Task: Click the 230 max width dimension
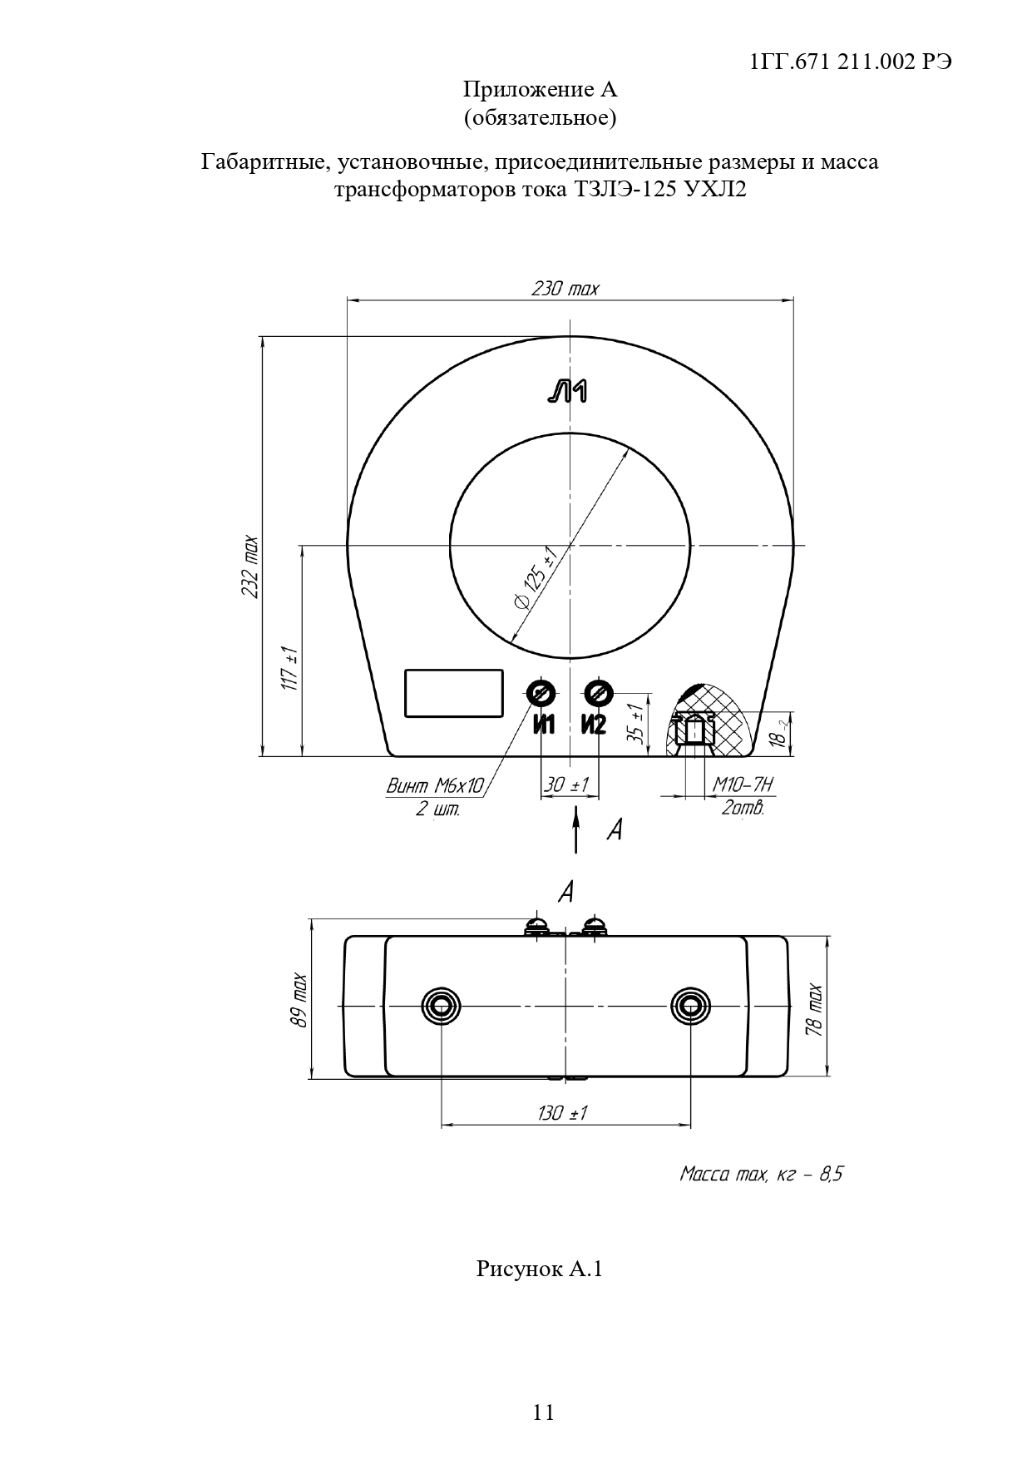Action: point(565,289)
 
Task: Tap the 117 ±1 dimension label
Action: point(289,667)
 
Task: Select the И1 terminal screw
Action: point(542,692)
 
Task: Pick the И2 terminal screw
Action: point(598,692)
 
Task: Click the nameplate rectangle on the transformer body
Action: point(454,693)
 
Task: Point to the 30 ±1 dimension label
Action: point(566,784)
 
